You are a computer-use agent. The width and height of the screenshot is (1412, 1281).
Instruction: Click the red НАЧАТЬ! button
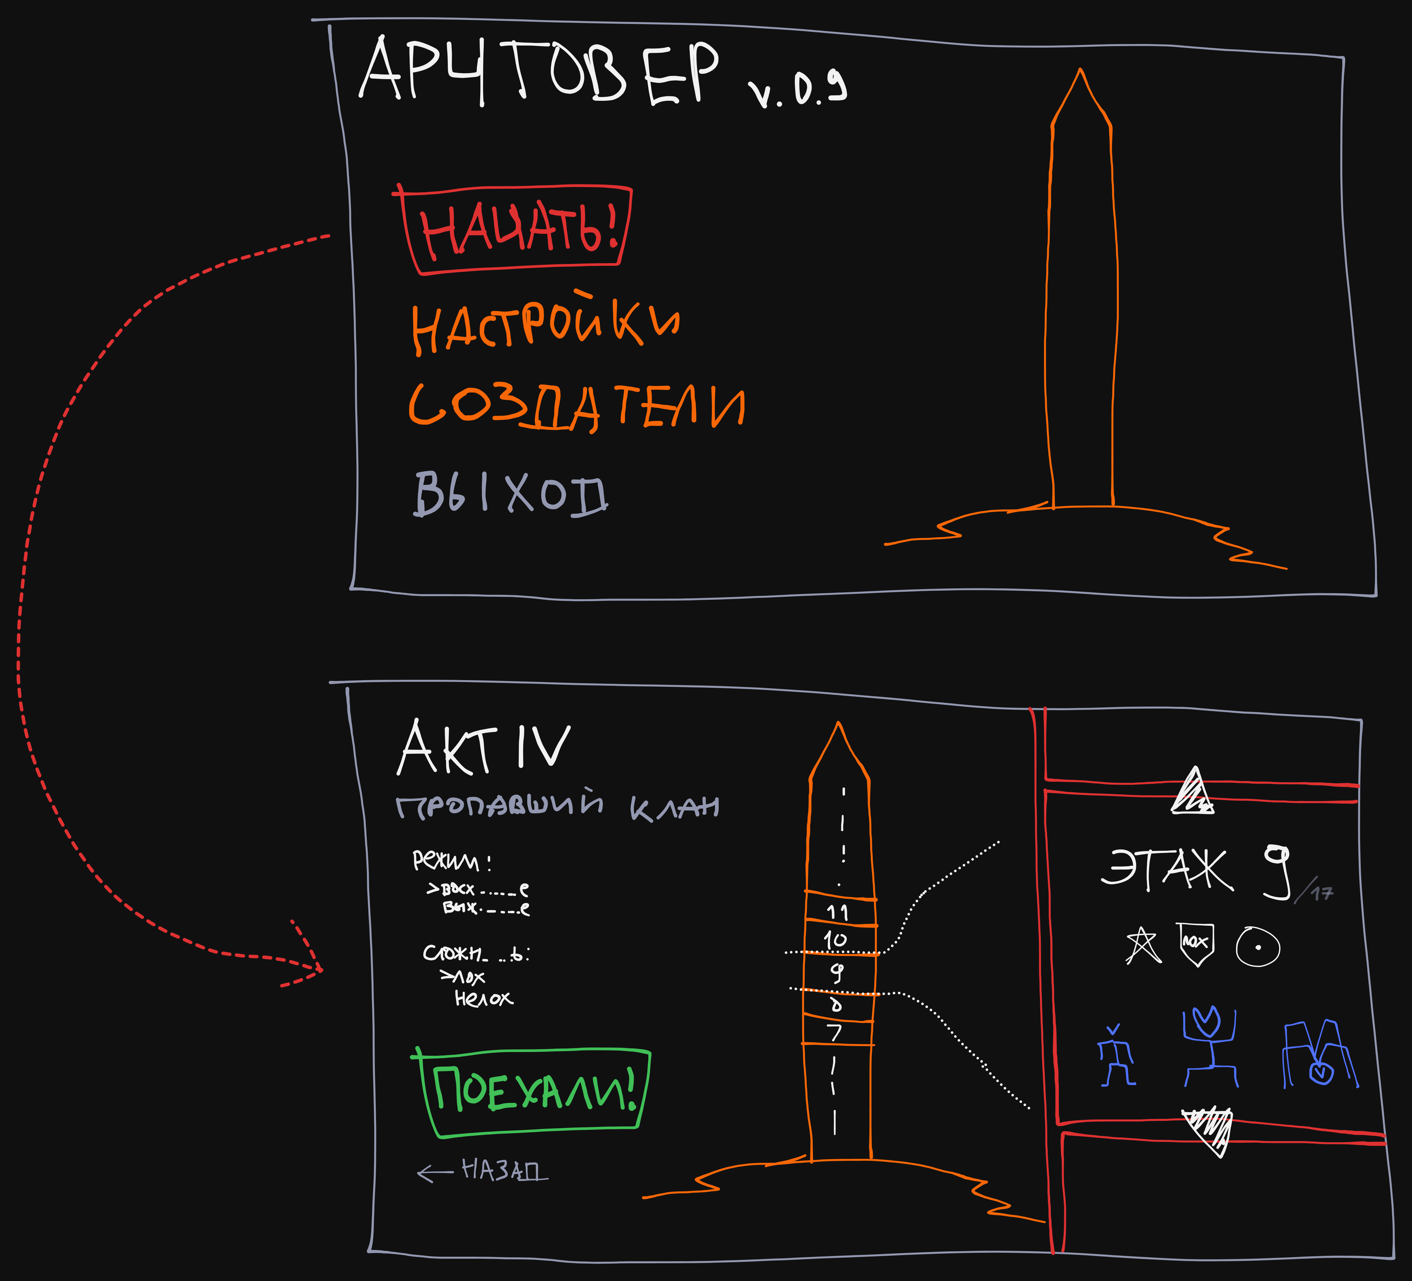[x=518, y=230]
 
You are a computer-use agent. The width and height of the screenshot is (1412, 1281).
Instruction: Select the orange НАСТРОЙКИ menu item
[x=545, y=326]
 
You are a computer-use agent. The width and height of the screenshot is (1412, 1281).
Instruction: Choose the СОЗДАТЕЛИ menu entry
[x=576, y=406]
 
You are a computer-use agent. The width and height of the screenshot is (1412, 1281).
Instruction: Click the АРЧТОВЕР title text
[x=539, y=70]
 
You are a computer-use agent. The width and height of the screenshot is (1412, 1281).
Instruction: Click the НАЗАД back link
[x=483, y=1170]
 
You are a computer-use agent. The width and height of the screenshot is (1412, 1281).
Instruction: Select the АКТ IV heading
[x=483, y=748]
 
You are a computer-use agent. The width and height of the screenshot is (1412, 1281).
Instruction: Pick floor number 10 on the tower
[x=835, y=939]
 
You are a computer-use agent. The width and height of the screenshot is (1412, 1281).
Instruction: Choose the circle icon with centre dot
[x=1258, y=947]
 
